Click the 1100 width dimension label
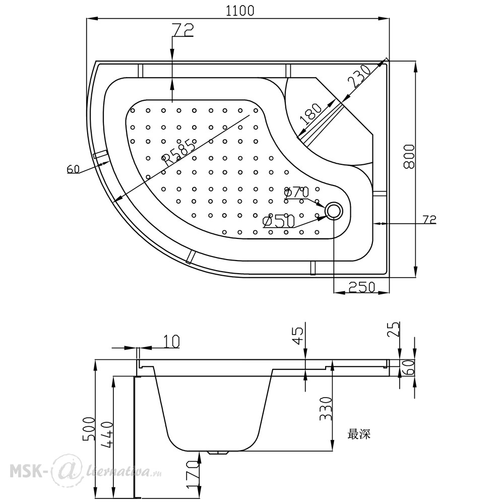(x=240, y=11)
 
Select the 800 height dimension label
(x=409, y=157)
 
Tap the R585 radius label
(x=178, y=151)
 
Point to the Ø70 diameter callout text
(x=296, y=192)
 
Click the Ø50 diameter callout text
(x=279, y=221)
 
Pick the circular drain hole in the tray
(x=334, y=211)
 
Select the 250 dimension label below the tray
(x=362, y=287)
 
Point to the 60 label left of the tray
(x=73, y=169)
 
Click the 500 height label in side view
(x=88, y=429)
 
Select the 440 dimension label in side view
(x=107, y=433)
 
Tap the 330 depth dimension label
(x=326, y=409)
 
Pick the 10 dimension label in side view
(x=171, y=341)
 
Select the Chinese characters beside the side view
(x=359, y=434)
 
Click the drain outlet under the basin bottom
(x=219, y=453)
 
